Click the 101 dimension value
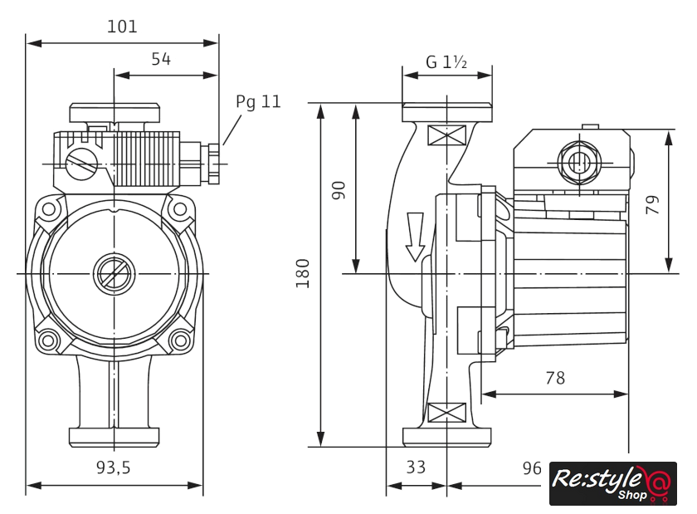122,27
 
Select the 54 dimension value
161,59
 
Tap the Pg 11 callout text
258,102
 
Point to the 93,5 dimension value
113,468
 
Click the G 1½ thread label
447,62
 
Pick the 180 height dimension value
303,273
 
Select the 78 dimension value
555,378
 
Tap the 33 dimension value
416,468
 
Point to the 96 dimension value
532,468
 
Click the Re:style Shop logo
612,483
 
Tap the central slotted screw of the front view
113,272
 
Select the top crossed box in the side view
446,136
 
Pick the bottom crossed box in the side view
446,411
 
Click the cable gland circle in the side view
577,159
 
